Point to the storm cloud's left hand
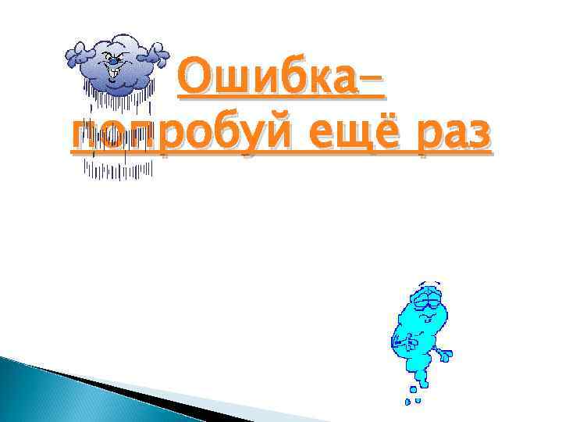click(x=78, y=52)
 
